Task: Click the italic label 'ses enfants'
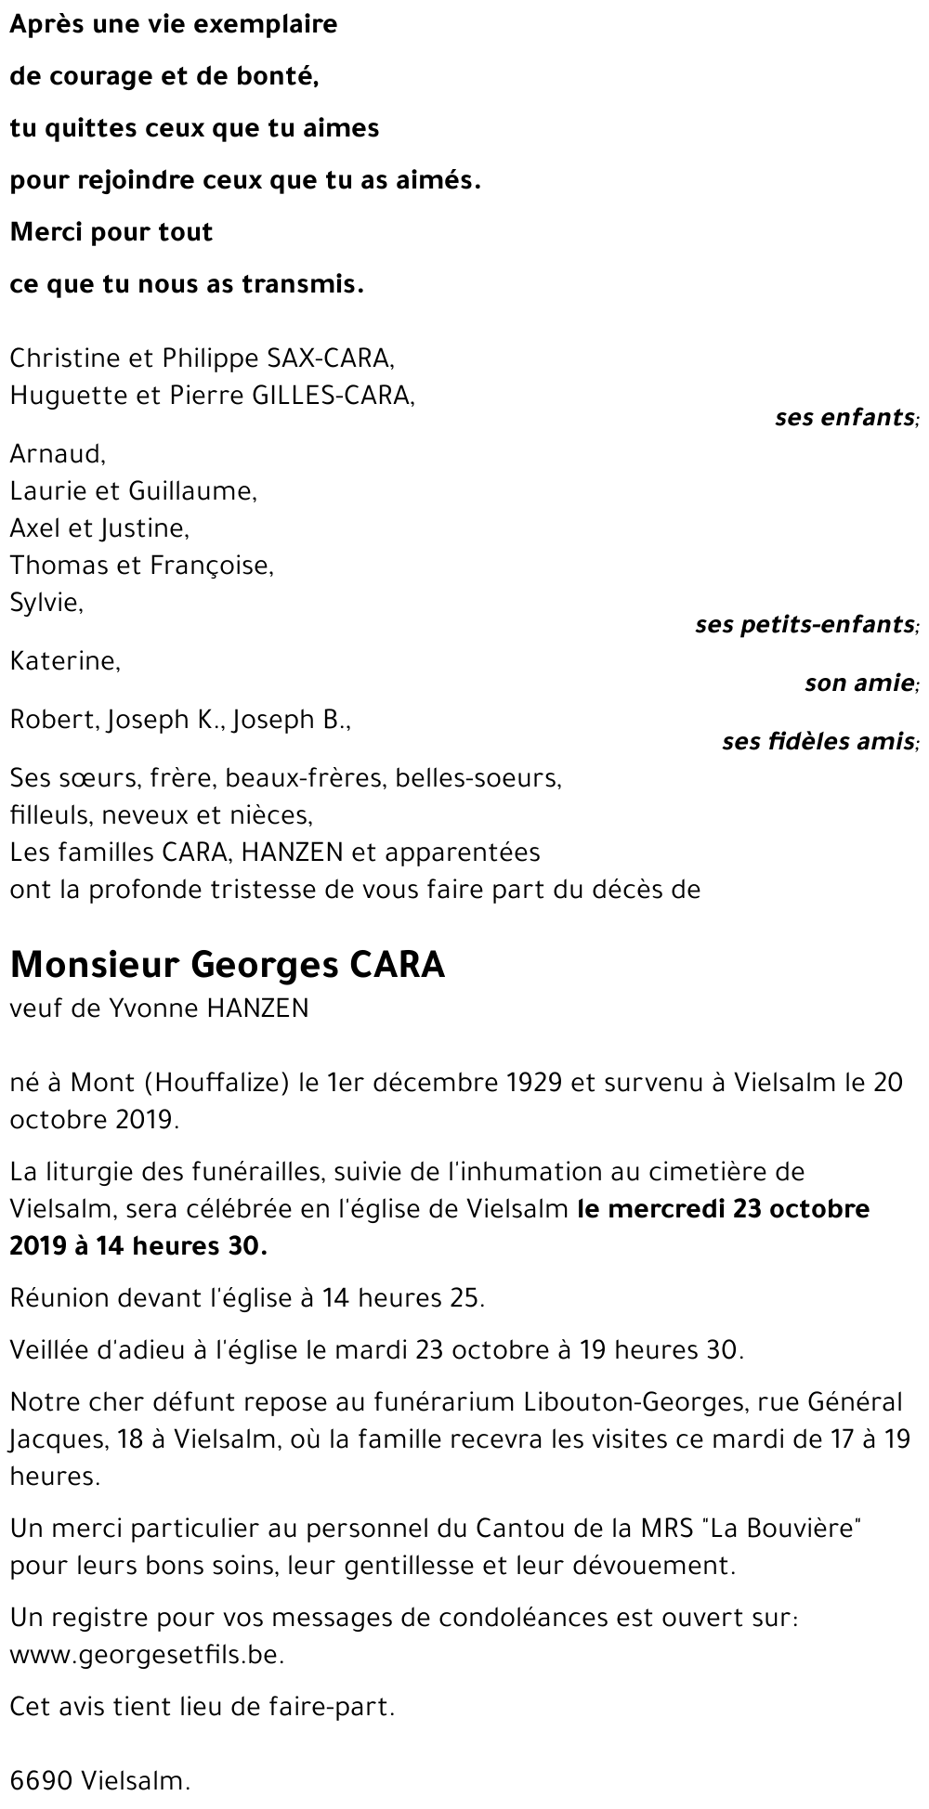(844, 417)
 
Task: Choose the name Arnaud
(56, 454)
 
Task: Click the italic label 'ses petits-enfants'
(804, 624)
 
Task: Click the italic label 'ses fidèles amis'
(818, 742)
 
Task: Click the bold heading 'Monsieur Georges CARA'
(228, 965)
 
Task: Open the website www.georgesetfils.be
(146, 1655)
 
